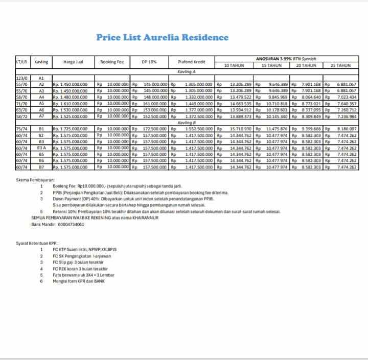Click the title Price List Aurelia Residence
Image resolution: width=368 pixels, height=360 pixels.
click(163, 37)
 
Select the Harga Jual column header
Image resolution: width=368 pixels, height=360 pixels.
click(73, 62)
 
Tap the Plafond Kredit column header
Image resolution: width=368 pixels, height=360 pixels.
click(192, 62)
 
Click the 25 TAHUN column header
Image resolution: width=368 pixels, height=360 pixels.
click(340, 65)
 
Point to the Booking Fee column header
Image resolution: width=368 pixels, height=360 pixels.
click(112, 62)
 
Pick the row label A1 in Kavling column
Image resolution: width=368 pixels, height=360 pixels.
click(41, 78)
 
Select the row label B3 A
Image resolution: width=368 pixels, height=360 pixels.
click(41, 148)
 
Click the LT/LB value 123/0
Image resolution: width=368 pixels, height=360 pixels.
click(22, 78)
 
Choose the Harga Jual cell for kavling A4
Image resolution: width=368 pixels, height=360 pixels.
click(70, 97)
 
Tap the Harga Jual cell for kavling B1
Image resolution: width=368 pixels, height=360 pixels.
click(70, 129)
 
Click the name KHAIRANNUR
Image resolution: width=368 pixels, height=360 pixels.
click(143, 218)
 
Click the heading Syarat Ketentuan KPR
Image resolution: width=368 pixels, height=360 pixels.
click(37, 243)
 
